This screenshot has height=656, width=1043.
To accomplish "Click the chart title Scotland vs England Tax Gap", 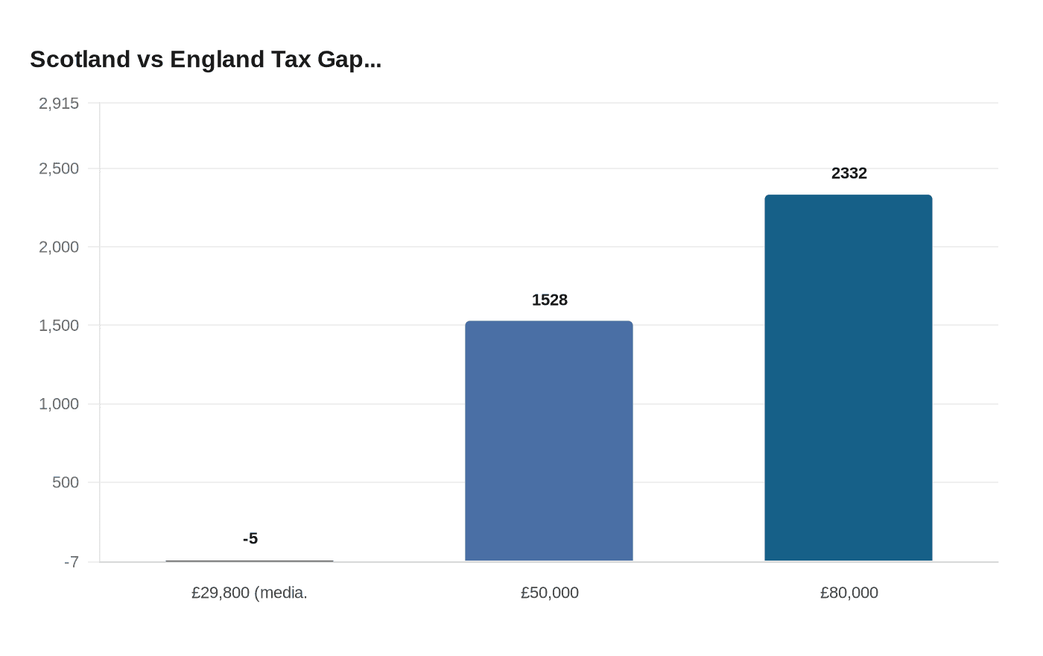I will [206, 60].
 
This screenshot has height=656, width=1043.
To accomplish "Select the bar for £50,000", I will [549, 441].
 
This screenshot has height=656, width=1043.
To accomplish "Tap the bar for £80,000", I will [849, 378].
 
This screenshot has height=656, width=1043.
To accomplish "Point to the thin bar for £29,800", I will [250, 561].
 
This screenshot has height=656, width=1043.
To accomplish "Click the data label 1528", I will [550, 300].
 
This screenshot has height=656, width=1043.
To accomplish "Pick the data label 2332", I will [849, 173].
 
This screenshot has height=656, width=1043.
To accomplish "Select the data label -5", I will [250, 538].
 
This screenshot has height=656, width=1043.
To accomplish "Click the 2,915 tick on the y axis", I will [59, 103].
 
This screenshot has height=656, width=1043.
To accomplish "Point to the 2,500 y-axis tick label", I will [59, 168].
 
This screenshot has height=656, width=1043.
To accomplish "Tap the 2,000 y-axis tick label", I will [59, 247].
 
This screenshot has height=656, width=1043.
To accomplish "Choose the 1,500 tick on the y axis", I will [59, 325].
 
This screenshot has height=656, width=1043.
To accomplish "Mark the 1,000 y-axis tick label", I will [59, 404].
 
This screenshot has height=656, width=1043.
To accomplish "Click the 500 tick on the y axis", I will [66, 482].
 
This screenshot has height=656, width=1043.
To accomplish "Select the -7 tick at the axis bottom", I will [72, 562].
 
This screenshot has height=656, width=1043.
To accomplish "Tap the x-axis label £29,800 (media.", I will [250, 593].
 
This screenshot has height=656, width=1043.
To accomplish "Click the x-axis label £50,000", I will [550, 593].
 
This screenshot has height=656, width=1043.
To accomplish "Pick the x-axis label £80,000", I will [849, 593].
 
